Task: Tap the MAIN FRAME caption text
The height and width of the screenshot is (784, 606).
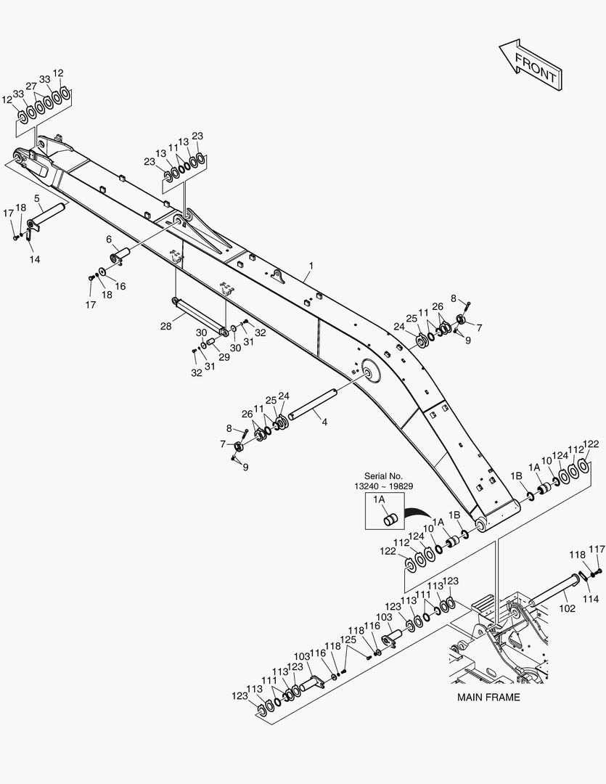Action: [488, 697]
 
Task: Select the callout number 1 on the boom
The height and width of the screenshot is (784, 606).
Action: [311, 266]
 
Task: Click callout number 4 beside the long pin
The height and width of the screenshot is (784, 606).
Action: [324, 422]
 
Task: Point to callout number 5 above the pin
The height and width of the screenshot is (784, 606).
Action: [37, 199]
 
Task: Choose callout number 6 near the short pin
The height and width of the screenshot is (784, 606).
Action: [109, 240]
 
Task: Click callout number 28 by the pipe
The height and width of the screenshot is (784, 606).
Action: [166, 327]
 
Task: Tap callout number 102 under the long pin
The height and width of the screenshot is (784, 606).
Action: [567, 608]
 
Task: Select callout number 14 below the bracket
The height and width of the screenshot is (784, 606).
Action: [35, 259]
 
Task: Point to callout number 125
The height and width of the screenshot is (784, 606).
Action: [348, 640]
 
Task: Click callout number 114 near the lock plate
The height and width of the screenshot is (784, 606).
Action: [591, 598]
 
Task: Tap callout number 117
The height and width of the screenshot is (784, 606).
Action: [597, 550]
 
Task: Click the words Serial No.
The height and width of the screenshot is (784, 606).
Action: [383, 476]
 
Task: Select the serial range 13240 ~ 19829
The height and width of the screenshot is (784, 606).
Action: [384, 486]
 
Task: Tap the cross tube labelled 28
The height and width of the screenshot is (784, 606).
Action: [200, 315]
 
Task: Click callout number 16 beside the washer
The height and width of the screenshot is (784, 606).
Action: [120, 287]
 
